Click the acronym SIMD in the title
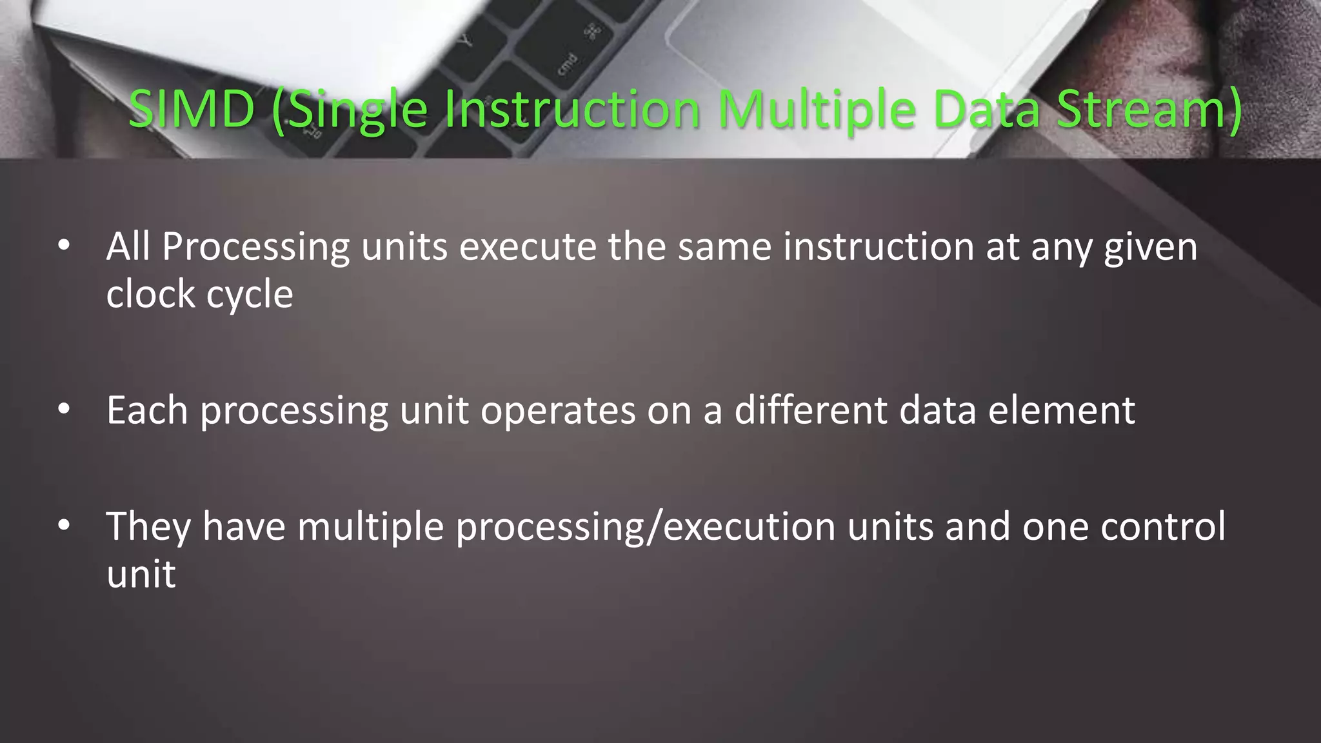click(x=192, y=110)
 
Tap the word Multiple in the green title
click(x=817, y=110)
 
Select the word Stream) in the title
click(x=1149, y=110)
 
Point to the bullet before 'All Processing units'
click(x=63, y=246)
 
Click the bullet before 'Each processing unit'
click(x=63, y=410)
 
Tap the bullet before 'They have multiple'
click(x=63, y=526)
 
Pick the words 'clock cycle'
click(x=199, y=295)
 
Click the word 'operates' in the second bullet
click(x=558, y=411)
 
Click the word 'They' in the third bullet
click(x=148, y=527)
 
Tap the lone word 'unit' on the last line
click(x=141, y=574)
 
